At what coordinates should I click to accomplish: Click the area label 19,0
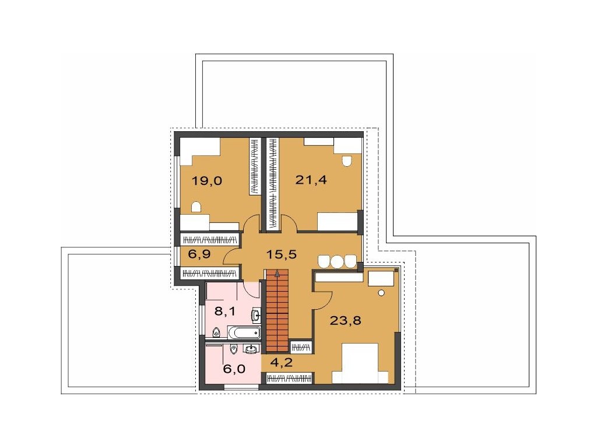[207, 180]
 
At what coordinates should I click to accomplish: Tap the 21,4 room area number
[311, 180]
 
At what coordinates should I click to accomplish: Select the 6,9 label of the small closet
[199, 253]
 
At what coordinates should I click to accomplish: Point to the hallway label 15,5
[281, 254]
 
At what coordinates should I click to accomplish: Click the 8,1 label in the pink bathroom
[225, 311]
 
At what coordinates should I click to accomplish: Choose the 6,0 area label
[234, 369]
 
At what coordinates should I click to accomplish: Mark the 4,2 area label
[282, 362]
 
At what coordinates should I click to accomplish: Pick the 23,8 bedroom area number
[345, 321]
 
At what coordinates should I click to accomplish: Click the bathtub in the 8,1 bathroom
[244, 332]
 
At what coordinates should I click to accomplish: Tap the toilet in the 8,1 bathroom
[216, 332]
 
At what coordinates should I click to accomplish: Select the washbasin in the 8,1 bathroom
[256, 314]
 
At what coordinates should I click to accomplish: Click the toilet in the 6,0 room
[234, 349]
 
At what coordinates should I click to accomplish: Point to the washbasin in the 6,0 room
[251, 348]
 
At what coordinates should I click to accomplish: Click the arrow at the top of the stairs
[277, 272]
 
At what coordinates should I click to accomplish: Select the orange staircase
[276, 310]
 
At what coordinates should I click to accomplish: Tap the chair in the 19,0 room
[196, 206]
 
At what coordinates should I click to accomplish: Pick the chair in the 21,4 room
[347, 161]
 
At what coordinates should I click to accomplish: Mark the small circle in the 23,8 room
[381, 293]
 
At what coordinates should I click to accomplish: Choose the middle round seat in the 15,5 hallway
[337, 262]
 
